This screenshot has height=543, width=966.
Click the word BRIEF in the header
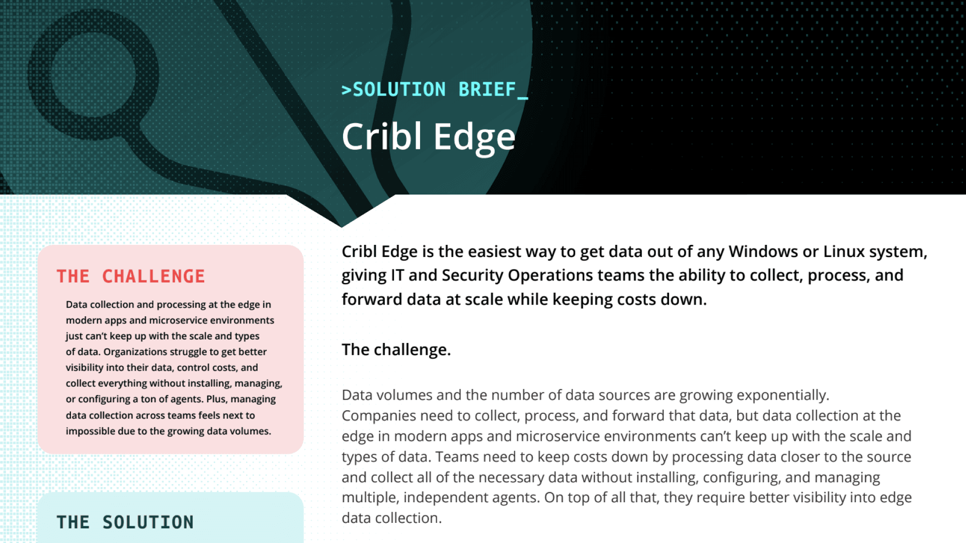(487, 89)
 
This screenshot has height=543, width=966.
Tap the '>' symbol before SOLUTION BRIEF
(346, 90)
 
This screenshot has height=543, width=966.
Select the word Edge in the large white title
(474, 137)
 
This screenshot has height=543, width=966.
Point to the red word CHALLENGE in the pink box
(153, 276)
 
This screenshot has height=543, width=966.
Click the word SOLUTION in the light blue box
(148, 522)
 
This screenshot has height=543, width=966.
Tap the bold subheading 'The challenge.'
(396, 349)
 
